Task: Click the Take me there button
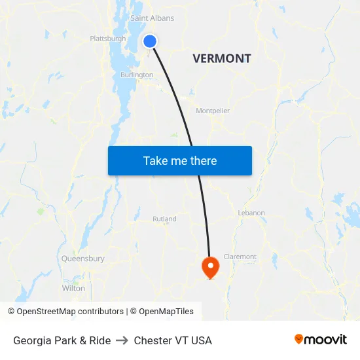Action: point(179,160)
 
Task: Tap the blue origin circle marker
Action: point(150,41)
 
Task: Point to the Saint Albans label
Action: point(152,18)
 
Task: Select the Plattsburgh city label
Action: point(108,39)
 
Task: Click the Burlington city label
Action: point(136,75)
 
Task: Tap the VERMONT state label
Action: point(222,58)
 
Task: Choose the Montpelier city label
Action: point(213,111)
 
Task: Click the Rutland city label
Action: point(164,219)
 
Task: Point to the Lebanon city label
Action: point(251,213)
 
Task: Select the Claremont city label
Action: point(240,257)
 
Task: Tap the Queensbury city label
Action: point(83,259)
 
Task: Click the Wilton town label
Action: point(73,288)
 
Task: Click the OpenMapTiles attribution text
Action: point(166,312)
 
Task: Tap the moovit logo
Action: point(321,340)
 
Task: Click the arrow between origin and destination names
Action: point(122,340)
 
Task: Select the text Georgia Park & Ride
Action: point(62,340)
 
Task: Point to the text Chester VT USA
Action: point(173,340)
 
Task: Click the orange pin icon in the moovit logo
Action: point(299,339)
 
